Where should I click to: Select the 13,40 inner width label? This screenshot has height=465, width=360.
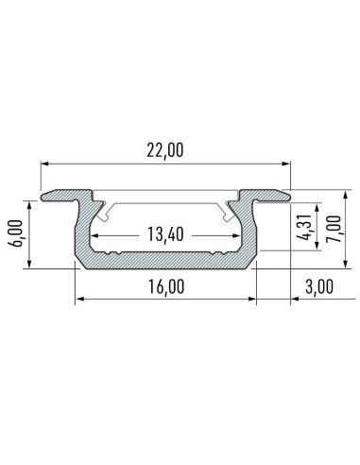[165, 233]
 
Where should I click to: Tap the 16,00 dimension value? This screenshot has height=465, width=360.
[165, 287]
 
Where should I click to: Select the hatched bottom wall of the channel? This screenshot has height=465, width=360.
[165, 262]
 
